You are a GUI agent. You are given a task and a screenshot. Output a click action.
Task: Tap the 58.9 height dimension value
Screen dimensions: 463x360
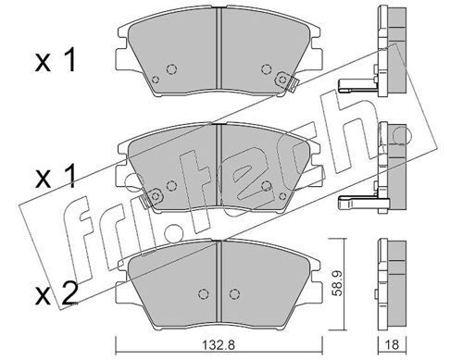(338, 284)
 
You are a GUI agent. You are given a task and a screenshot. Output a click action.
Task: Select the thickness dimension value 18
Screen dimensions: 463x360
(392, 344)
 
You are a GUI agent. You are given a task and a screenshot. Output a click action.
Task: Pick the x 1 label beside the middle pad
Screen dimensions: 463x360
(56, 177)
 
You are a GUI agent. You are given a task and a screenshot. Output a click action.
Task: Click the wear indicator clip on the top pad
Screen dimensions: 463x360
(286, 81)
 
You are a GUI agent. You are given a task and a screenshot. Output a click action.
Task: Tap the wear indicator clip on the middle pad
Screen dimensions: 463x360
(151, 197)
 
